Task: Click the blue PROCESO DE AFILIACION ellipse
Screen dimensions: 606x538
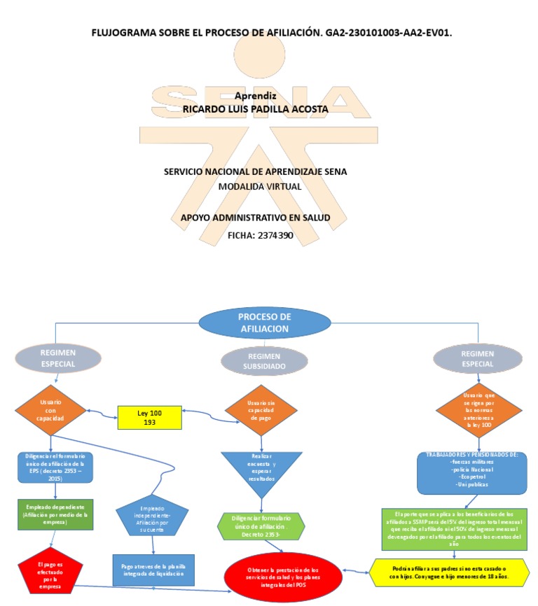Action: pos(264,322)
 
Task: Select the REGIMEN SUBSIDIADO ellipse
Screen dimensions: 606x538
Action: pos(264,360)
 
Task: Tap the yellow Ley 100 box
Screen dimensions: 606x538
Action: pos(149,418)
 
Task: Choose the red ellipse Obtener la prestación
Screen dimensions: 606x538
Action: pos(282,578)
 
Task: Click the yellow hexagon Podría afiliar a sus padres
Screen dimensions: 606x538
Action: pos(448,572)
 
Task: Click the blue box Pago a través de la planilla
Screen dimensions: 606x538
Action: pos(153,570)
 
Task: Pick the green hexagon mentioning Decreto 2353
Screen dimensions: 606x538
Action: pos(260,526)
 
